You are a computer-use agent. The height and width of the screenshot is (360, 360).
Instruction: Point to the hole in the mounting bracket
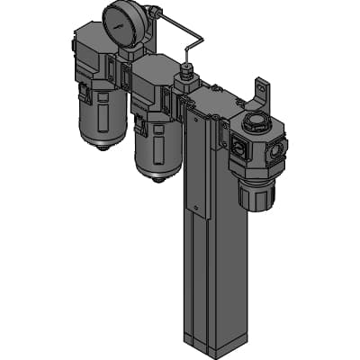tap(263, 88)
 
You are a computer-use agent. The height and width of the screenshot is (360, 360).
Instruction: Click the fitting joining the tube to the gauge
tap(153, 13)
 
